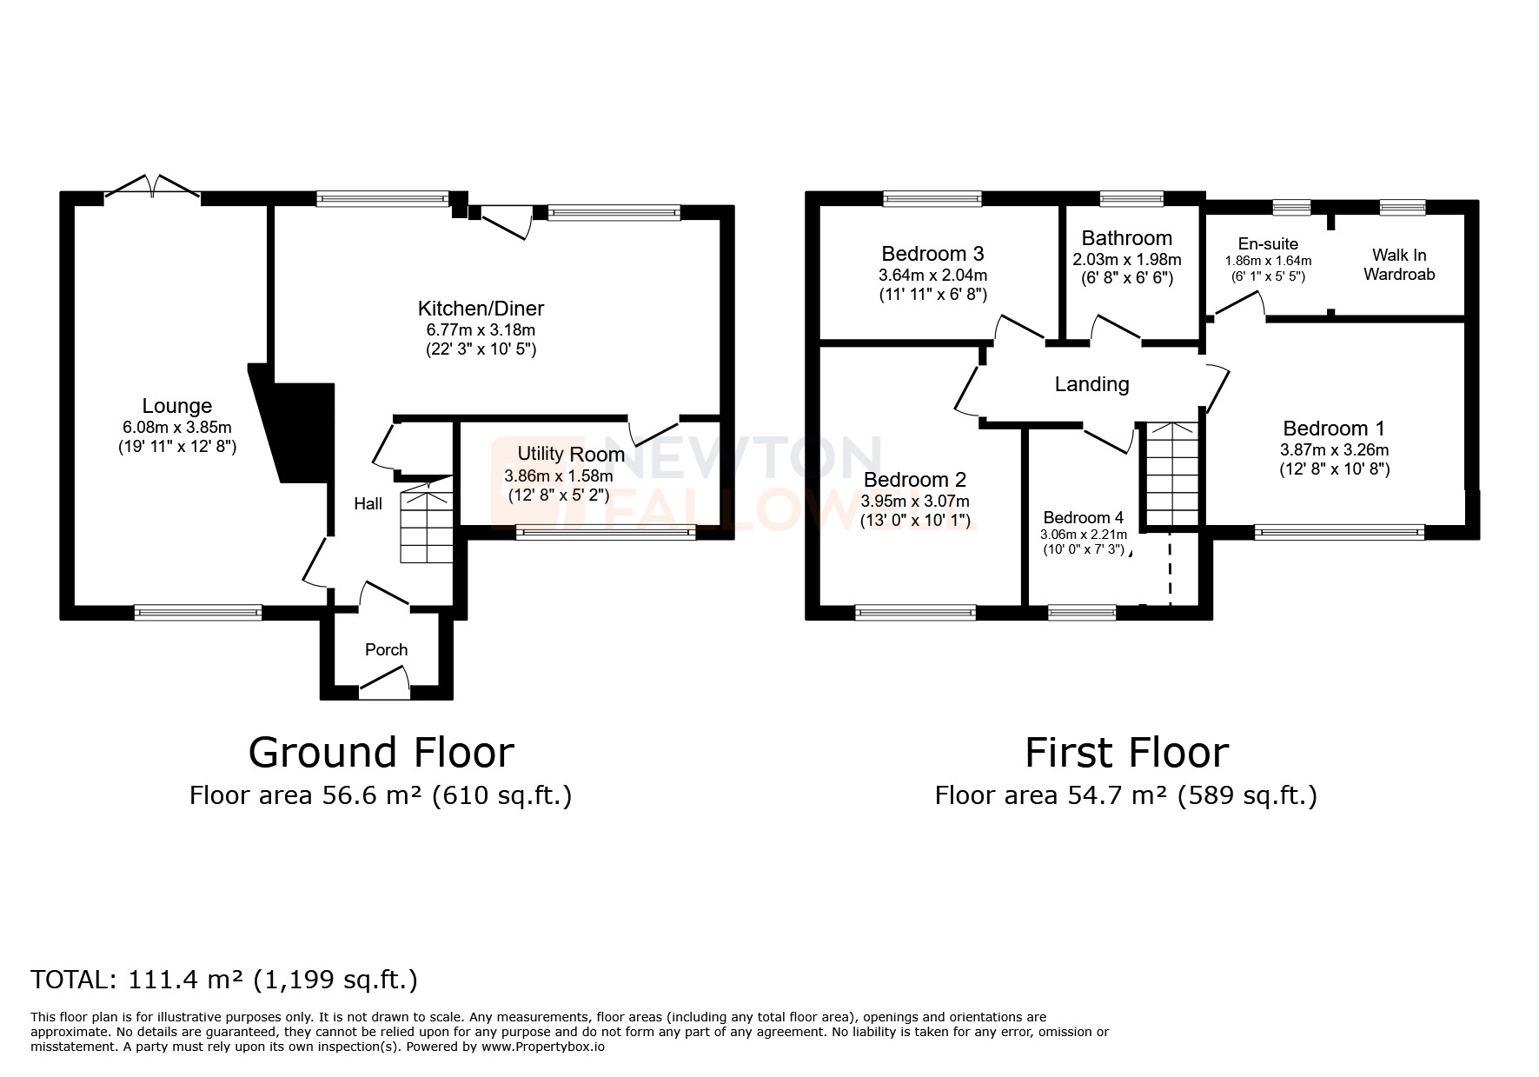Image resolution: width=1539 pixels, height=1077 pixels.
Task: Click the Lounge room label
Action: [177, 406]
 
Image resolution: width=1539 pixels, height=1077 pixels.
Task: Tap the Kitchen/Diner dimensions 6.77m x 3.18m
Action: [480, 330]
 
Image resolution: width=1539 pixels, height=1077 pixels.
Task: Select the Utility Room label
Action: [571, 454]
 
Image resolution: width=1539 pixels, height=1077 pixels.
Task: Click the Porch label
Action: [386, 649]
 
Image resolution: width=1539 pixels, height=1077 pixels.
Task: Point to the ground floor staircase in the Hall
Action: [427, 528]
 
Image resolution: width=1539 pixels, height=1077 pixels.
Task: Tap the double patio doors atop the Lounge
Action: [152, 186]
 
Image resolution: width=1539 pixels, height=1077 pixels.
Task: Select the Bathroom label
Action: [1126, 238]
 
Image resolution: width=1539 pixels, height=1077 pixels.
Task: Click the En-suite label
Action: [1268, 244]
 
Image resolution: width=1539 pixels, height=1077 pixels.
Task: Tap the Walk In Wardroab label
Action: [1398, 264]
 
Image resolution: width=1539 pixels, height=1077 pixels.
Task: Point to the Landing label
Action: [1091, 384]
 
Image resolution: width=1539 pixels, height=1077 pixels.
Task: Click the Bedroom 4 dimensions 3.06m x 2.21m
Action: [1083, 535]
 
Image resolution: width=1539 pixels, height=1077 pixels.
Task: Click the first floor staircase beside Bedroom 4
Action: [1171, 474]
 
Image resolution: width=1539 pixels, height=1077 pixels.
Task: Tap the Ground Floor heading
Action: [381, 753]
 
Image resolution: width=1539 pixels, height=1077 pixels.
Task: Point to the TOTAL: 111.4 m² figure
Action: [224, 980]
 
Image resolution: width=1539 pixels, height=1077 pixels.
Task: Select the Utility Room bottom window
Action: [605, 533]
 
